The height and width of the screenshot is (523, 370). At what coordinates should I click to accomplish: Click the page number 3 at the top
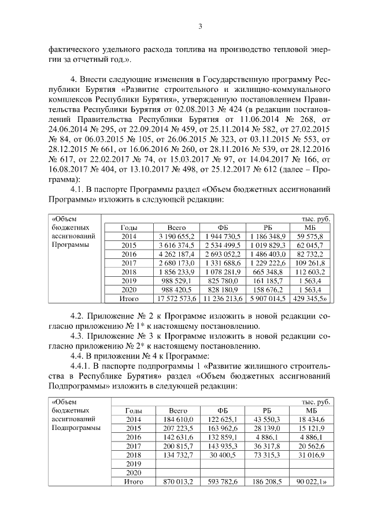[200, 26]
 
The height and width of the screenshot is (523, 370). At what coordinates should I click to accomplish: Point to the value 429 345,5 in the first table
[312, 299]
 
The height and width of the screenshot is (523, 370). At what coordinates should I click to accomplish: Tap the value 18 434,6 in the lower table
[313, 419]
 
